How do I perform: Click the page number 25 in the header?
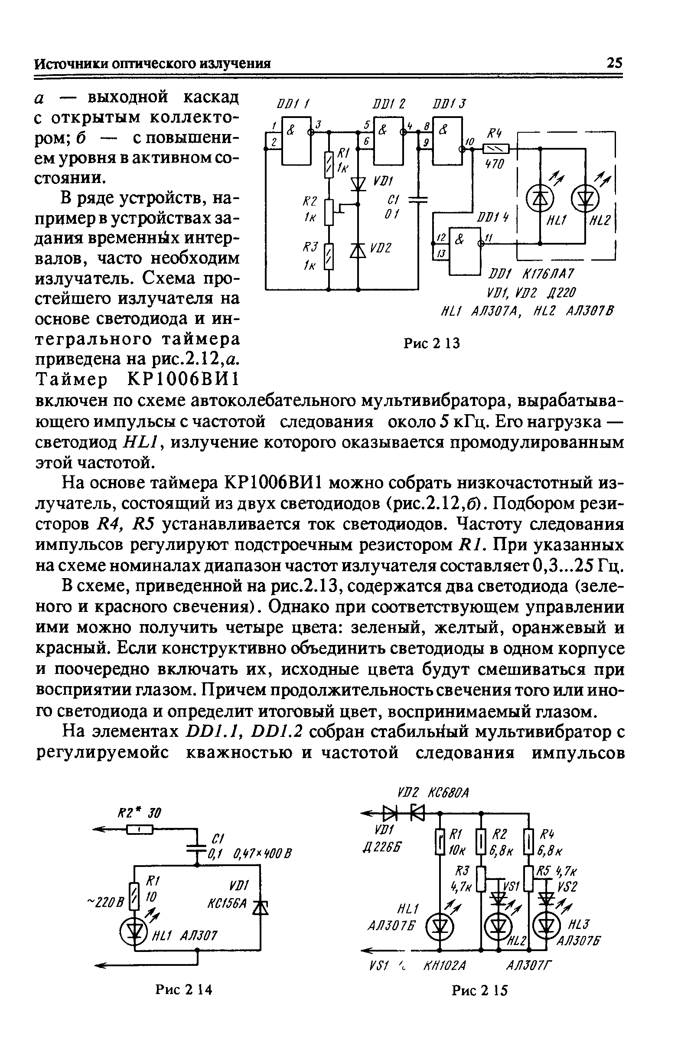[x=614, y=63]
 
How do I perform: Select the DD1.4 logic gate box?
[x=464, y=251]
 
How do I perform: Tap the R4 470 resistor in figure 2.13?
[x=496, y=149]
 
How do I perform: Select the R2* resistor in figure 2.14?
[x=140, y=830]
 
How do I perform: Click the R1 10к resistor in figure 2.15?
[x=440, y=843]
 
